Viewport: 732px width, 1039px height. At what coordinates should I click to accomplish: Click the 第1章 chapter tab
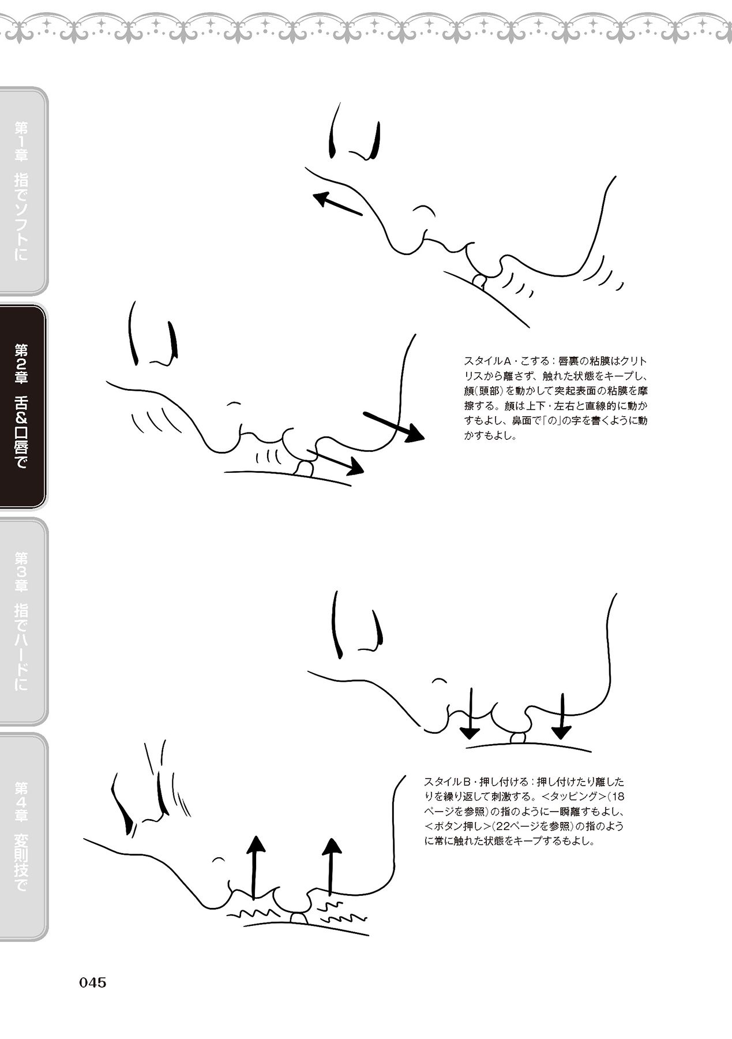(x=23, y=190)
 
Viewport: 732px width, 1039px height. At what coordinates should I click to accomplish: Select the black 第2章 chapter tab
(x=23, y=406)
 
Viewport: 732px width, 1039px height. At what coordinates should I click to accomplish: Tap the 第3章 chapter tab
(x=23, y=621)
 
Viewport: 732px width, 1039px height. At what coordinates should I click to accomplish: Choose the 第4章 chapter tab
(x=23, y=836)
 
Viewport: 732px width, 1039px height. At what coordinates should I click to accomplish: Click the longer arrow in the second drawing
(x=394, y=427)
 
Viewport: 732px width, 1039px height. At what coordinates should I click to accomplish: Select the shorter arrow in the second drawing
(x=335, y=461)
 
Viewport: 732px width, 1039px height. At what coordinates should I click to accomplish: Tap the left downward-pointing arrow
(x=470, y=713)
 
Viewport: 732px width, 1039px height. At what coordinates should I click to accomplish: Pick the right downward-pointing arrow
(x=561, y=714)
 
